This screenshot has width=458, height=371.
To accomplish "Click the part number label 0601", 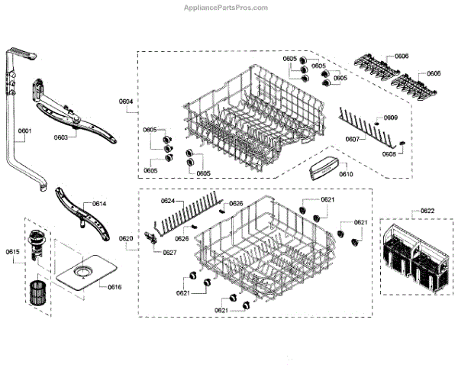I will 24,131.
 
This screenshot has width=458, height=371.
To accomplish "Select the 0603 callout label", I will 61,137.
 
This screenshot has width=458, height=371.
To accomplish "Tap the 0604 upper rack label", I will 126,102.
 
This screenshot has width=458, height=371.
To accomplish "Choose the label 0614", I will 99,204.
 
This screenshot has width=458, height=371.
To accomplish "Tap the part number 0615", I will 12,251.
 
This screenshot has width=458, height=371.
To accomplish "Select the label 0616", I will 114,287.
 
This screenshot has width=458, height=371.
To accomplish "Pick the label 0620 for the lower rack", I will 126,239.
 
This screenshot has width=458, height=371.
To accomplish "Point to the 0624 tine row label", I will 168,201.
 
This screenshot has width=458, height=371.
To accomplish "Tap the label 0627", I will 169,252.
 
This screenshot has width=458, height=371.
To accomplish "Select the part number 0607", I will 351,139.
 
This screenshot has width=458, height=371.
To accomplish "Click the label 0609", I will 390,118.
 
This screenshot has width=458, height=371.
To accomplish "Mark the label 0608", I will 389,154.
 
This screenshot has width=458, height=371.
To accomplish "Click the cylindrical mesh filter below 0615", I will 37,294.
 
